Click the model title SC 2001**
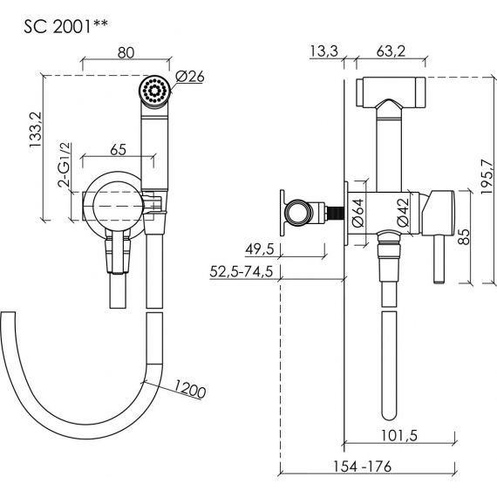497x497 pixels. [65, 27]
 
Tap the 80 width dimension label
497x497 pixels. [126, 52]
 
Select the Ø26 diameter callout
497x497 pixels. [190, 77]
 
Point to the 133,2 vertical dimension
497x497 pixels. [36, 129]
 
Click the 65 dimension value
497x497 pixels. [119, 150]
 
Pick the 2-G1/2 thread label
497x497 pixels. [64, 165]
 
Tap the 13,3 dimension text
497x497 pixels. [324, 51]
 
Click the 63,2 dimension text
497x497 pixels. [391, 51]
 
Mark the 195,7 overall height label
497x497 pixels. [487, 176]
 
